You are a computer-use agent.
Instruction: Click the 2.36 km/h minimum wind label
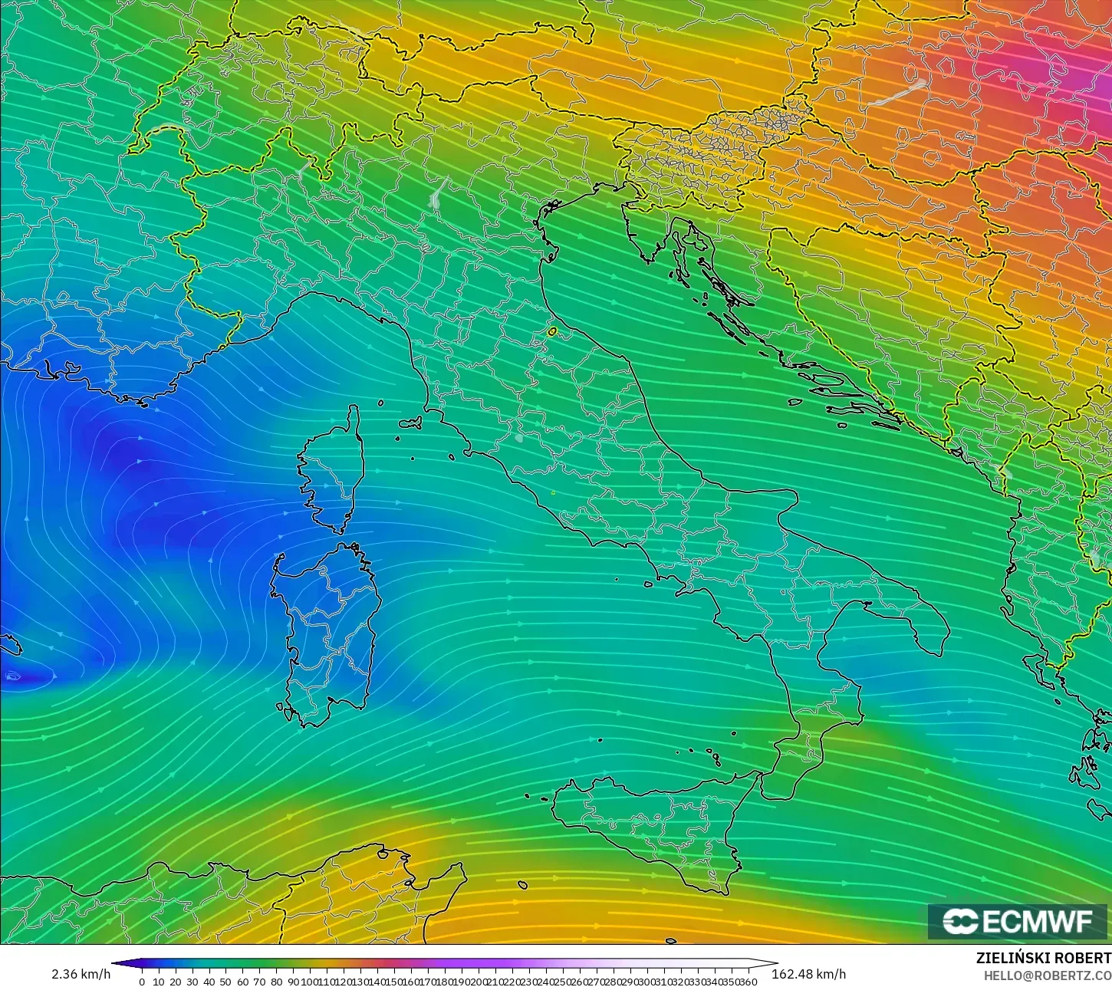(x=81, y=974)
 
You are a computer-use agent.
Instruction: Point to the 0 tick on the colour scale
(x=142, y=981)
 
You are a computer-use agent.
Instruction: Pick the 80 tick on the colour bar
(x=277, y=981)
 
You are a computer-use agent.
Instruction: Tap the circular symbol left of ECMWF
(x=959, y=922)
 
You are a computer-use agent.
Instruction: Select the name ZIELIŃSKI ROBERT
(x=1044, y=959)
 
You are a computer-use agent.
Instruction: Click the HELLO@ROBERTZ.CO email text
(x=1048, y=975)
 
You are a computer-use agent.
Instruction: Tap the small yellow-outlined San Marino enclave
(x=552, y=332)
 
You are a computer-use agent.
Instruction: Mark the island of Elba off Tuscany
(x=410, y=423)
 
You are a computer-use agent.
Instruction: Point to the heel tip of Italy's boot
(x=942, y=650)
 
